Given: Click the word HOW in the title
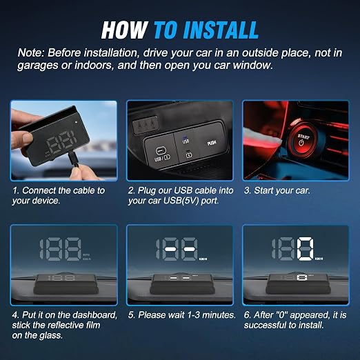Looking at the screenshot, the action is tap(124, 30).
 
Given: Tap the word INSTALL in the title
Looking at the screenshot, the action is tap(221, 30).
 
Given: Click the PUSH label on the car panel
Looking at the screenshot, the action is tap(212, 143).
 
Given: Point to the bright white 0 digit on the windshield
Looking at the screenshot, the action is tap(305, 249).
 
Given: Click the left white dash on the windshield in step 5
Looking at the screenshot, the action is tap(170, 249).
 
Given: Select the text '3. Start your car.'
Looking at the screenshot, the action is tap(277, 190).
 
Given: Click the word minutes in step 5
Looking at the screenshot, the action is tap(221, 315).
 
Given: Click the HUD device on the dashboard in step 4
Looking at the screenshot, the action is tap(66, 284).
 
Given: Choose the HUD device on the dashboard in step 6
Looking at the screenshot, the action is tap(299, 284).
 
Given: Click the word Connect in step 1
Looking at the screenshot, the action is tap(39, 190).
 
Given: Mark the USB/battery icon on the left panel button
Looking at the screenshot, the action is tap(161, 154).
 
